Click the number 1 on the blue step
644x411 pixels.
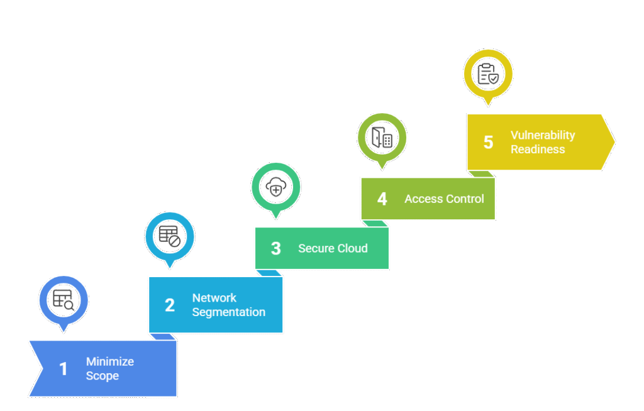(x=63, y=369)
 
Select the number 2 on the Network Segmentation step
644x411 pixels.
(x=170, y=305)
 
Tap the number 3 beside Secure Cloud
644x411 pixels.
(x=275, y=248)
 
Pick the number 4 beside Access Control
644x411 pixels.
(x=382, y=199)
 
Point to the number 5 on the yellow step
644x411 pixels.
(x=488, y=142)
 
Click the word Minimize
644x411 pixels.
(x=110, y=362)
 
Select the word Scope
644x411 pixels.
(x=102, y=376)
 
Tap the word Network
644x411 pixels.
(x=214, y=298)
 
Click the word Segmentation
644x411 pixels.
(x=228, y=312)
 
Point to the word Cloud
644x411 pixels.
(x=353, y=248)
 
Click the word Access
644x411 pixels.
(x=423, y=199)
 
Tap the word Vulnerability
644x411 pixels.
(x=543, y=135)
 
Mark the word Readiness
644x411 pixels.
(x=538, y=150)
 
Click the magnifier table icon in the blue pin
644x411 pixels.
(x=64, y=300)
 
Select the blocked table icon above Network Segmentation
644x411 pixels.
(x=170, y=236)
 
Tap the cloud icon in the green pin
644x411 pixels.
(x=275, y=187)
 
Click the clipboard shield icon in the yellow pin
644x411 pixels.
(x=488, y=74)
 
